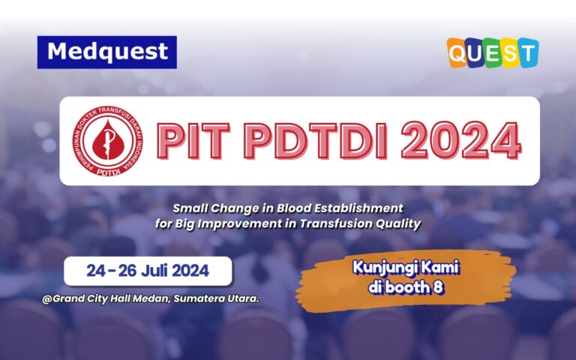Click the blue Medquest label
click(107, 52)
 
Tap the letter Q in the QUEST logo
click(458, 53)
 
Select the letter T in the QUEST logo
click(527, 53)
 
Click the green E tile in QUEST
click(493, 53)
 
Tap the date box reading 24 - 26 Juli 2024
click(147, 271)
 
